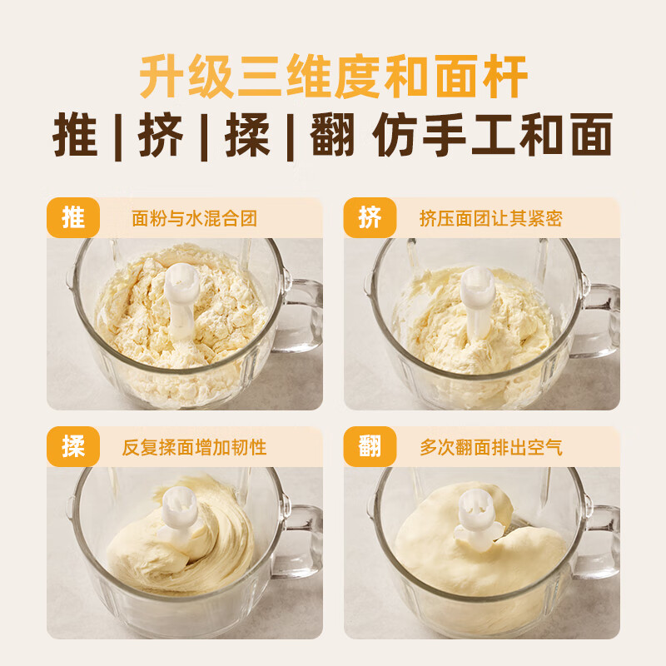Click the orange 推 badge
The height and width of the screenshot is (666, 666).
[73, 218]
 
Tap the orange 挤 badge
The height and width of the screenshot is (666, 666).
[370, 218]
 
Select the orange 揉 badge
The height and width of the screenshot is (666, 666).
[73, 447]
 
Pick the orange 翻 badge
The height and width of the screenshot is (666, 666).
[370, 447]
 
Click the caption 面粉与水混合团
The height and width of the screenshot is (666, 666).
[194, 219]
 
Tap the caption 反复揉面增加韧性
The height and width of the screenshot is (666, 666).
[194, 448]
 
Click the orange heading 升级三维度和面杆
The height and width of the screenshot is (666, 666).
[333, 77]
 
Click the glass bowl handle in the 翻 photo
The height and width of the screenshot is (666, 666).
[601, 541]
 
